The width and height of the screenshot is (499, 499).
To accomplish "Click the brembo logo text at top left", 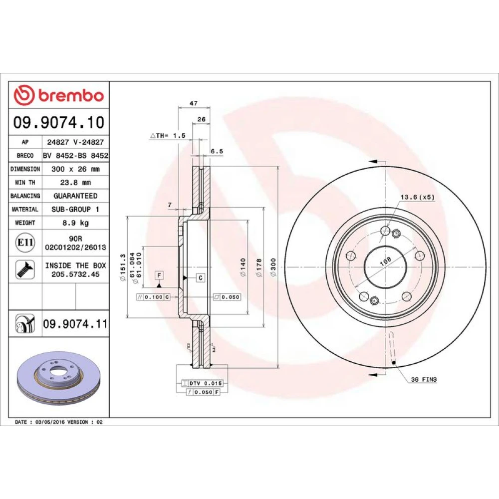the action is click(71, 96).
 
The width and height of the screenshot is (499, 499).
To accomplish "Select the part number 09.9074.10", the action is click(59, 123).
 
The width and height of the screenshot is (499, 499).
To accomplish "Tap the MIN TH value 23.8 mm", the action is click(75, 182).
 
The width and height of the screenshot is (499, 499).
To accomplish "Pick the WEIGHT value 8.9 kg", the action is click(75, 223).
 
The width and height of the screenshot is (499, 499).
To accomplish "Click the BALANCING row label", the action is click(25, 196).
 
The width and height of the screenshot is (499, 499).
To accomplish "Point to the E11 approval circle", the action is click(25, 243).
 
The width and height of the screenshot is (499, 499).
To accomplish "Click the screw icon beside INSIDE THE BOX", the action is click(25, 269).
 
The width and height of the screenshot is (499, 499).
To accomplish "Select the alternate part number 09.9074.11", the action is click(75, 324).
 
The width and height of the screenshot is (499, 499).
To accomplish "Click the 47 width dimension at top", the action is click(194, 103).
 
